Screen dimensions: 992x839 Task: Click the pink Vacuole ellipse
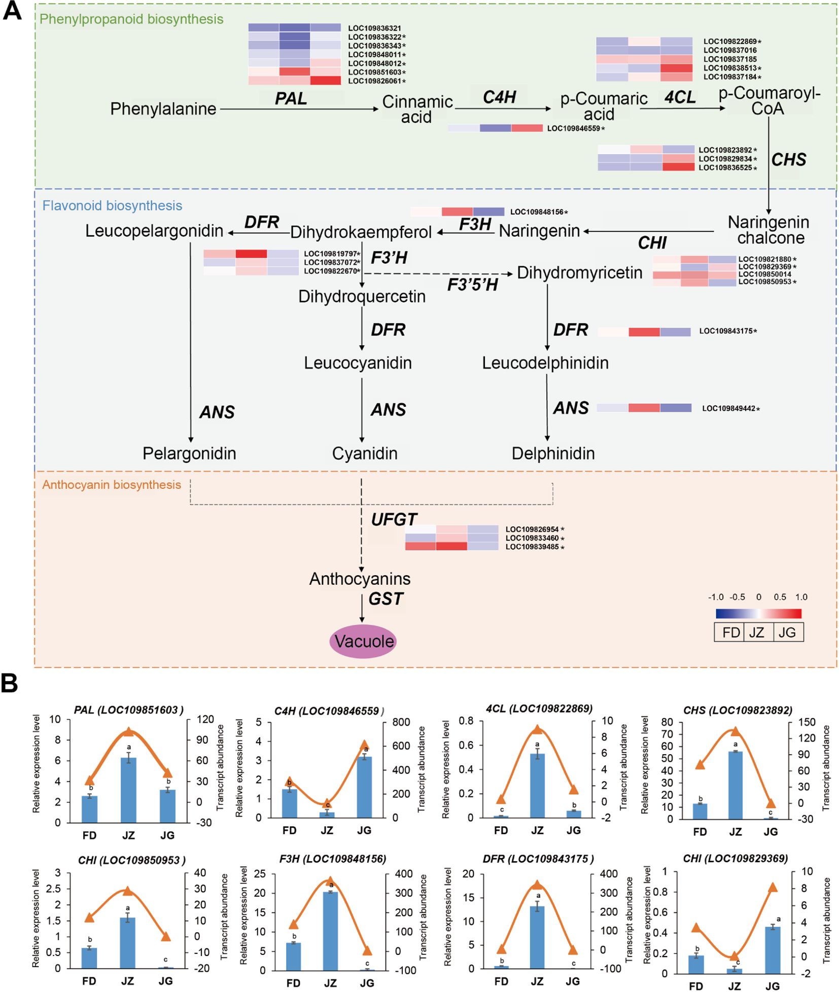[x=364, y=641]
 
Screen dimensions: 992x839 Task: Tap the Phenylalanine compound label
[x=163, y=109]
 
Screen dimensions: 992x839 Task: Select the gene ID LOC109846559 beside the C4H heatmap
[x=574, y=129]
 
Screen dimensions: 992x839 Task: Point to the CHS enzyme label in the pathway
[x=788, y=160]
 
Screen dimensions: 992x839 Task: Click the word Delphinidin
[x=553, y=453]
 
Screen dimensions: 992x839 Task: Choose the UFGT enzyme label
[x=394, y=519]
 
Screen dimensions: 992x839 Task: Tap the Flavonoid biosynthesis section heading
[x=112, y=205]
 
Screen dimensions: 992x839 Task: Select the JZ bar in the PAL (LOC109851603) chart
[x=128, y=790]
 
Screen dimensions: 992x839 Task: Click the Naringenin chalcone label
[x=768, y=230]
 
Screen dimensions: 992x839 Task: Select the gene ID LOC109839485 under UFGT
[x=532, y=547]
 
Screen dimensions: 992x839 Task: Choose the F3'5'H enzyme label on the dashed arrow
[x=472, y=285]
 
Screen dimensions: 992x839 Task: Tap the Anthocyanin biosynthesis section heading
[x=112, y=484]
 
